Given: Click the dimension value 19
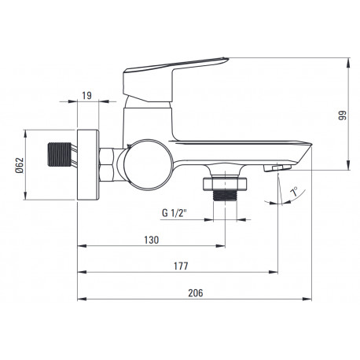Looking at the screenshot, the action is point(86,96).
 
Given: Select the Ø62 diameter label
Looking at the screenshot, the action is point(20,165).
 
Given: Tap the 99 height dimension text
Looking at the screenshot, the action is point(342,116).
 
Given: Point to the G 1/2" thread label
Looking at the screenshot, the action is point(174,213).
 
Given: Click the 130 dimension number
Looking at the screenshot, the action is point(152,240).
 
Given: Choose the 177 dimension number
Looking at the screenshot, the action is point(181,266).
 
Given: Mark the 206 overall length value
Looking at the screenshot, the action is point(196,293).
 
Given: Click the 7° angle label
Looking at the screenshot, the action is point(294,192).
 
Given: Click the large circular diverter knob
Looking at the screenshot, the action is point(149,165).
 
